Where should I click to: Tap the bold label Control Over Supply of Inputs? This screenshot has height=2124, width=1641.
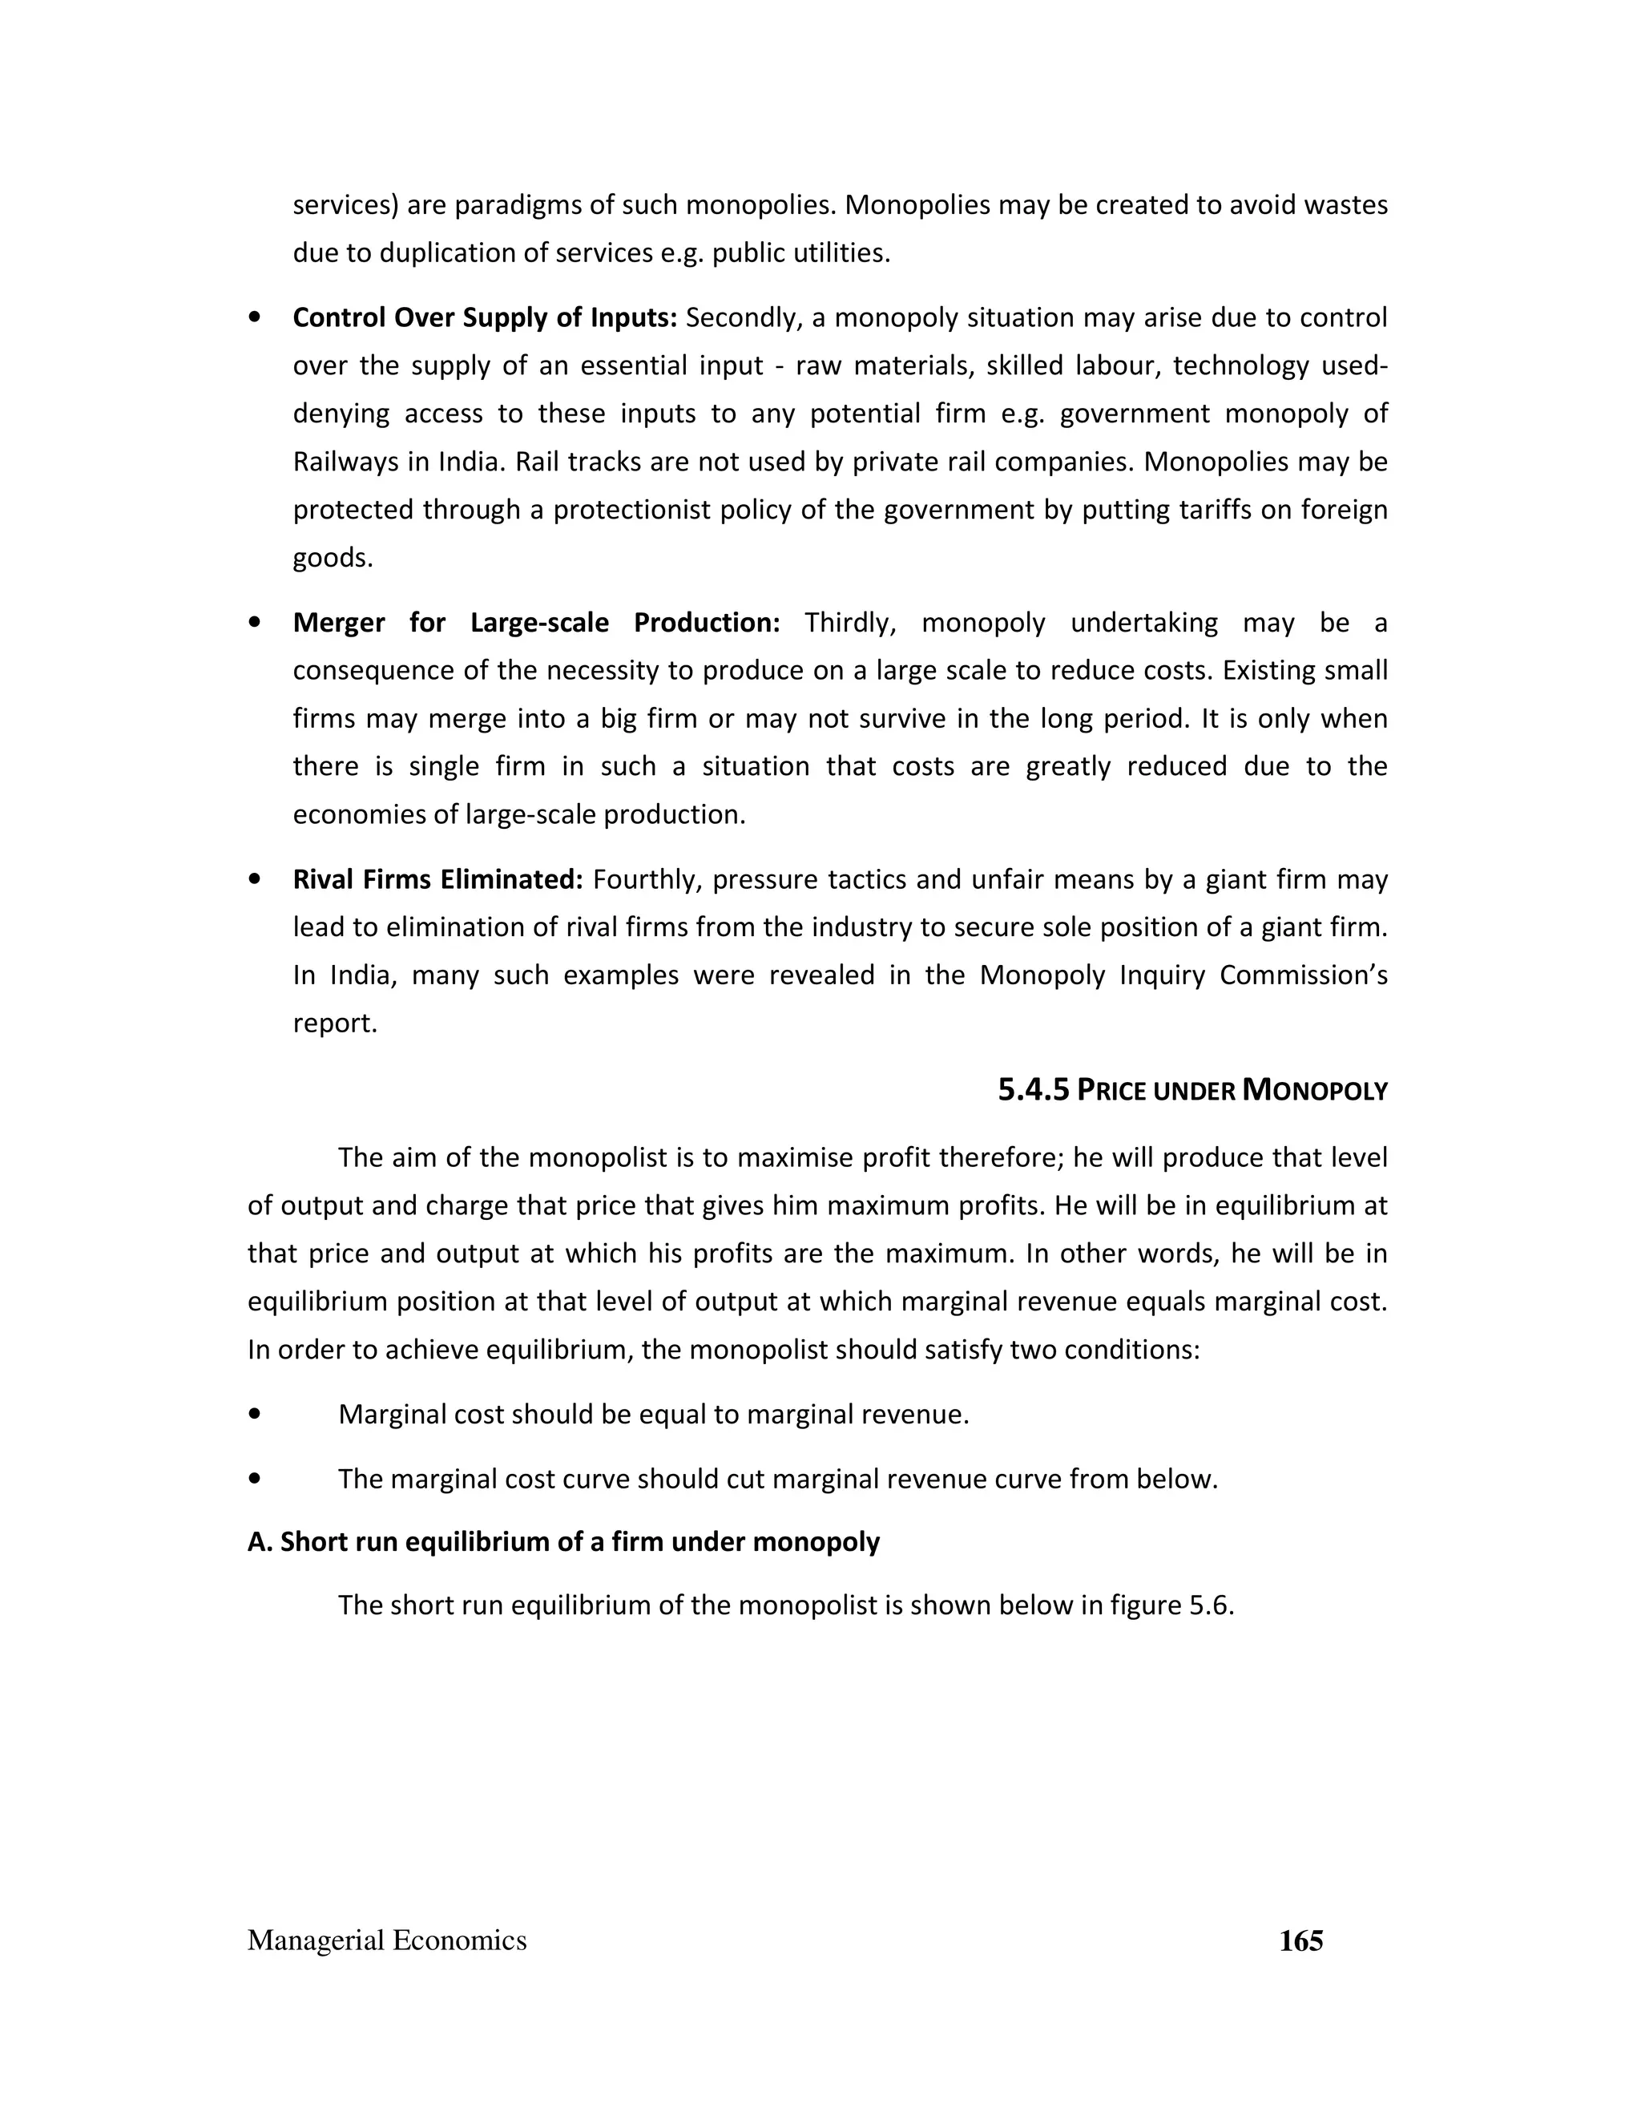pos(484,318)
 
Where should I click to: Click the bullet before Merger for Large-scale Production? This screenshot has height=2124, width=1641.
pos(255,623)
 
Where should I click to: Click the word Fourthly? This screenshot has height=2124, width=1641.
pos(647,879)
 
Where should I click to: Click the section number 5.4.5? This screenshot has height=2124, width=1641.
pos(1034,1090)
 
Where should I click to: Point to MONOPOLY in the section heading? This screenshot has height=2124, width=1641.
pos(1314,1090)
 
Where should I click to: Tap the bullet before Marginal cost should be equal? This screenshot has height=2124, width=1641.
pos(255,1414)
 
